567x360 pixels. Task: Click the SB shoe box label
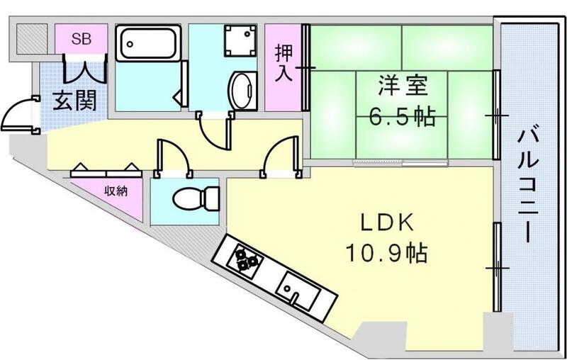[81, 38]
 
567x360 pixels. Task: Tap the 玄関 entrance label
[74, 101]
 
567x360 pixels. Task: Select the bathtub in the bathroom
[149, 45]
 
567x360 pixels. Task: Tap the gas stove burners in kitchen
[245, 260]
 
